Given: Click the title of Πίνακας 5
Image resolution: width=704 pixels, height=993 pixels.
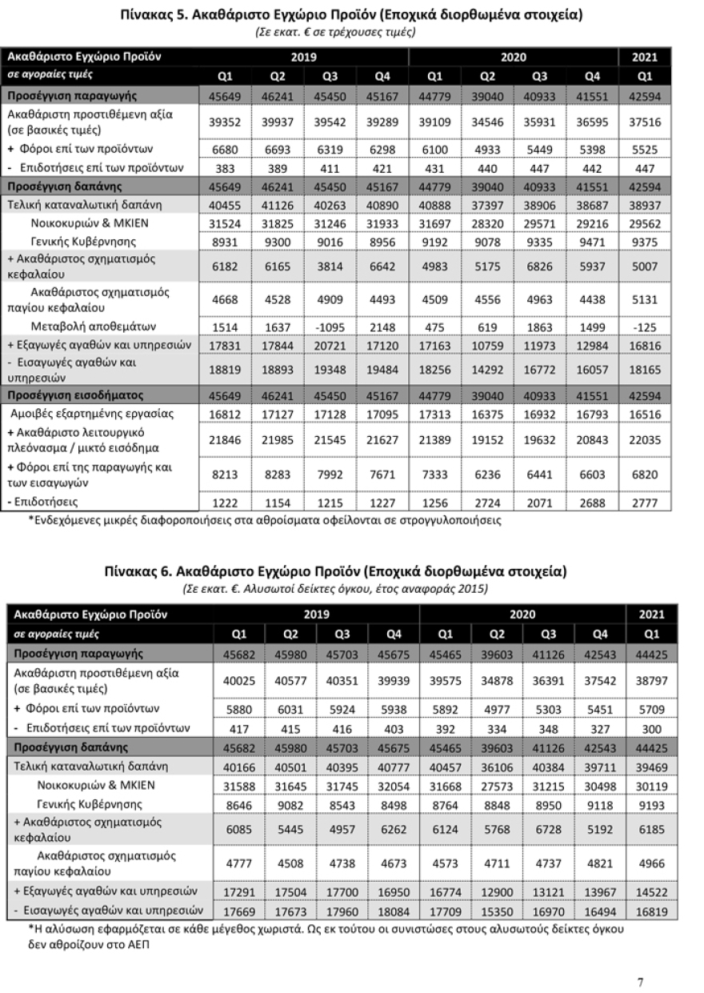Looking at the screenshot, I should click(x=351, y=15).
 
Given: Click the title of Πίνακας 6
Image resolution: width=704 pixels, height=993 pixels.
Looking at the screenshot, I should click(x=335, y=571).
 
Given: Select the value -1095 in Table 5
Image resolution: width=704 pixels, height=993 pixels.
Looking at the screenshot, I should click(x=330, y=326).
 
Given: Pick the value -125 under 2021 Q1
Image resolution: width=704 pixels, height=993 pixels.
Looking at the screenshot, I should click(x=644, y=326).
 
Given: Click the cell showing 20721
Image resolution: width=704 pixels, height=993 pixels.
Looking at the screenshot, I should click(x=330, y=345).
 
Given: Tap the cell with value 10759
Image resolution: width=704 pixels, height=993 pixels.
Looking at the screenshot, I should click(x=487, y=345).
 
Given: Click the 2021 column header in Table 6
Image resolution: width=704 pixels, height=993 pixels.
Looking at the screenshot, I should click(x=651, y=615).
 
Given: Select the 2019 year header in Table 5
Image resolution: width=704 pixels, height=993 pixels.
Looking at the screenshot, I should click(x=304, y=57).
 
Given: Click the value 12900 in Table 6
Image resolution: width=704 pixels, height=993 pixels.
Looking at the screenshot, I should click(x=498, y=891).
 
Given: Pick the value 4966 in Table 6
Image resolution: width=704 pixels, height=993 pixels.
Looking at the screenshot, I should click(x=651, y=863).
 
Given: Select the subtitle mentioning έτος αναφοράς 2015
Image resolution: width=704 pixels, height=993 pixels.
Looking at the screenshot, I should click(x=335, y=588).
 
